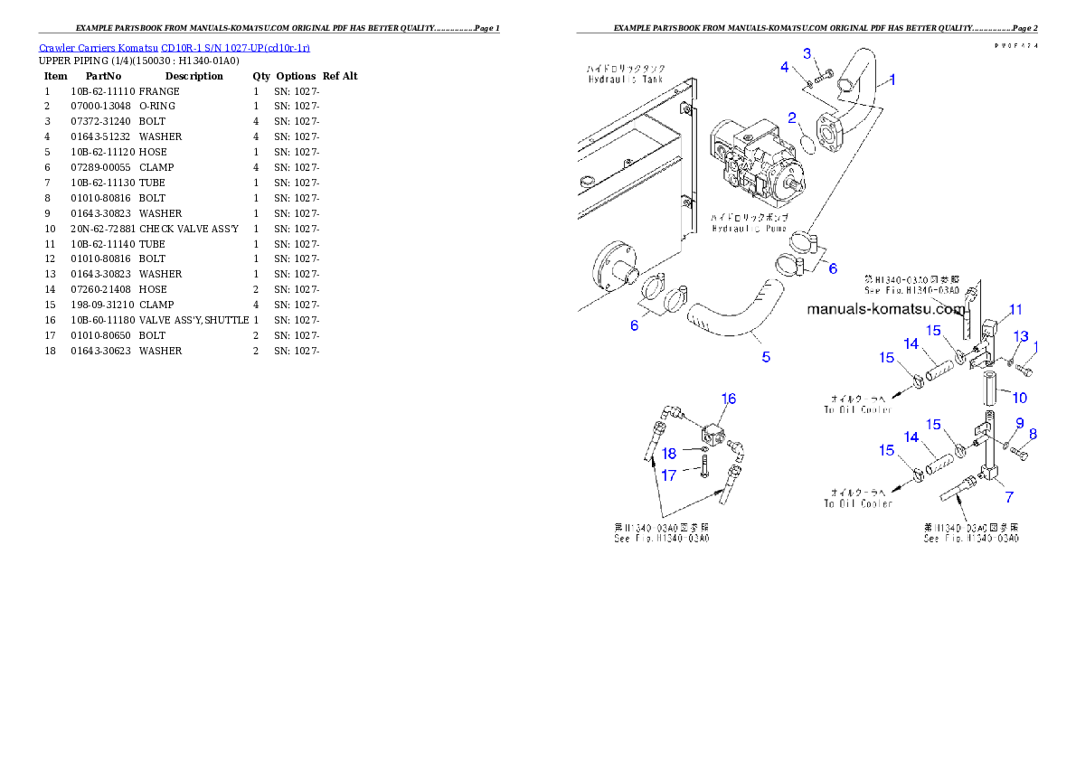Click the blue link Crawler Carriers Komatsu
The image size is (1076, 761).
point(174,48)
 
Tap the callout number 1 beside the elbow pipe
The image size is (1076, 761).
point(892,80)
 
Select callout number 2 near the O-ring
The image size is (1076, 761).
point(791,117)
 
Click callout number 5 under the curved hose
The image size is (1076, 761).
point(766,357)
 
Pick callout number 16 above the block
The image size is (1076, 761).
point(728,399)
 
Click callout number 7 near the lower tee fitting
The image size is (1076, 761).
point(1009,496)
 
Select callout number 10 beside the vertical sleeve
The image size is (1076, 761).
point(1019,398)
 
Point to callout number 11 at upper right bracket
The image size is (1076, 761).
point(1015,310)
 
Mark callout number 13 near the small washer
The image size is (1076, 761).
point(1021,336)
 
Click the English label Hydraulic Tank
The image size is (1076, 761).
point(625,80)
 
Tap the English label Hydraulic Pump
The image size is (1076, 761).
point(750,229)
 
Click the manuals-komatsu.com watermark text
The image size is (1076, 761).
point(885,309)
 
